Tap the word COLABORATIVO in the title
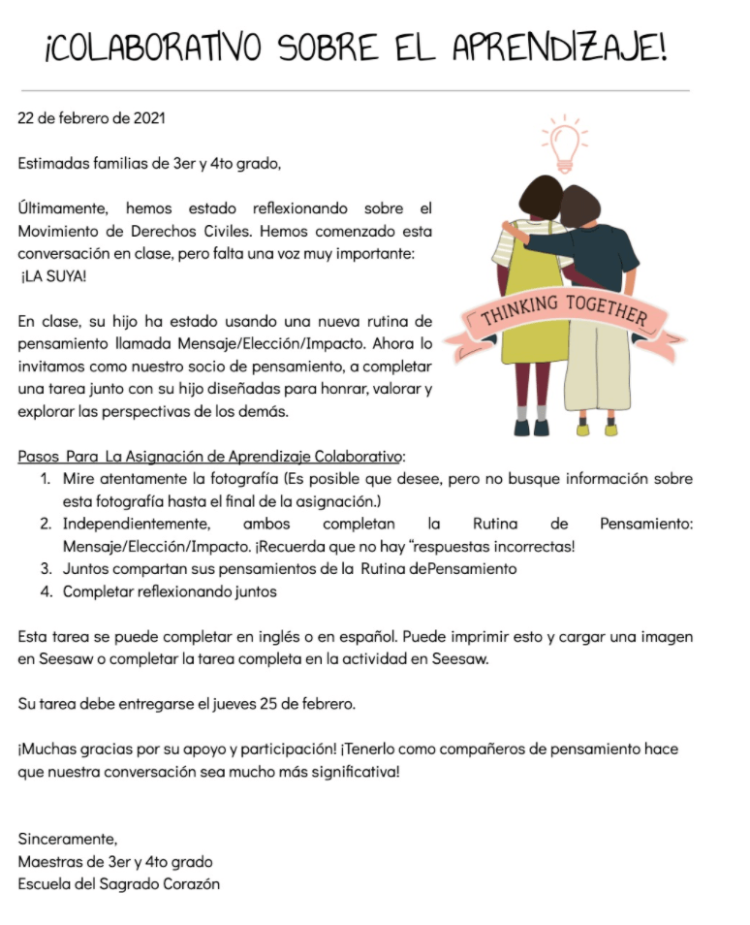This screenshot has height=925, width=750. (x=158, y=48)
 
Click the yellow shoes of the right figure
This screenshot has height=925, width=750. (x=597, y=428)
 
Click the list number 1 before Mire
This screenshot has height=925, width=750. (x=46, y=479)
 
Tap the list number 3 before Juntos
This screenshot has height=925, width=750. (x=46, y=568)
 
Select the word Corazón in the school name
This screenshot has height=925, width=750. (x=190, y=883)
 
